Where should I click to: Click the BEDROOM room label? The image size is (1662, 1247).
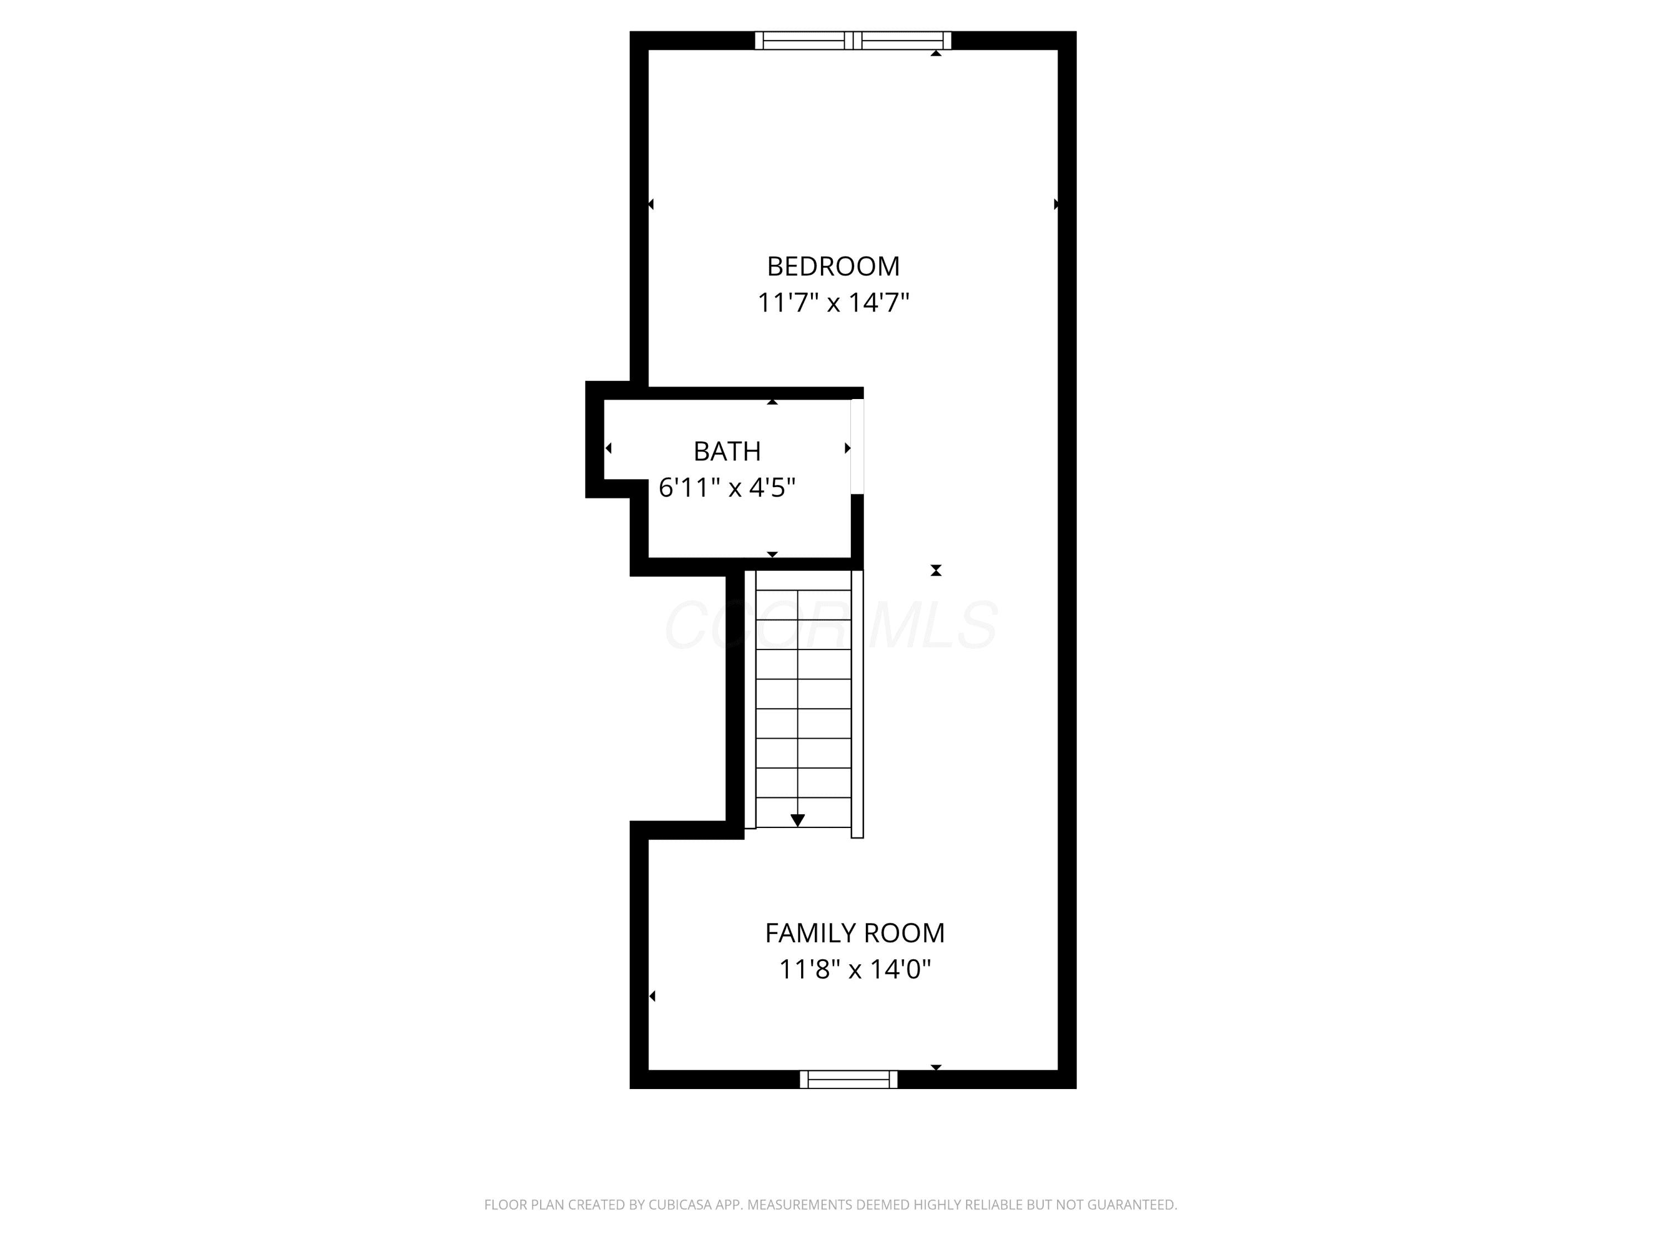(833, 266)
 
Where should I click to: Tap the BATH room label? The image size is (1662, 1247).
(726, 451)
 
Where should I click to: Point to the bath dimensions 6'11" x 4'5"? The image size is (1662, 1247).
(726, 488)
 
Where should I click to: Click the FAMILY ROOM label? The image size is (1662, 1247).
(854, 933)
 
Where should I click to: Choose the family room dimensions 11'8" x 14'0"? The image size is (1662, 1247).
(854, 970)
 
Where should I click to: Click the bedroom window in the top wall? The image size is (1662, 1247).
(853, 40)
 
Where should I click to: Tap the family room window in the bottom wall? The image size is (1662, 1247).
(848, 1080)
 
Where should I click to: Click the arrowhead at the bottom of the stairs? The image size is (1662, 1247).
(797, 821)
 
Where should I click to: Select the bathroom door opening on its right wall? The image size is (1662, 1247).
(857, 447)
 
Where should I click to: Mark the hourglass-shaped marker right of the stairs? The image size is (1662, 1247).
(936, 570)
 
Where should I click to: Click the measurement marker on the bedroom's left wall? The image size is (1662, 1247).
(651, 205)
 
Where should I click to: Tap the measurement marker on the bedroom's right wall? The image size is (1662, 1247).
(1056, 205)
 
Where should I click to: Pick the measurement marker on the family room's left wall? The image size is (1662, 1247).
(652, 996)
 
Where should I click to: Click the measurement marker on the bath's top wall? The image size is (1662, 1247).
(772, 402)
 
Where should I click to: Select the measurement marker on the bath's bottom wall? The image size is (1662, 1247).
(772, 555)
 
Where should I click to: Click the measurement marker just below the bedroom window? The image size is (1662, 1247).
(936, 53)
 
